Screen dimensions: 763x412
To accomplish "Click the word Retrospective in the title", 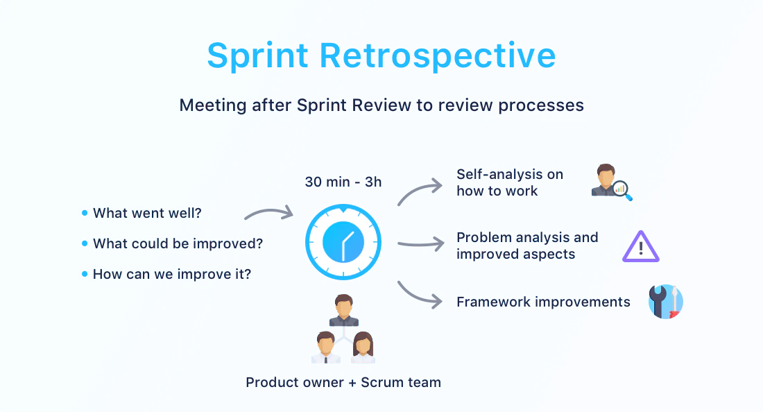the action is tap(438, 55).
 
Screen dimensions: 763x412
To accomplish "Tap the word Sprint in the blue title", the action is tap(258, 55).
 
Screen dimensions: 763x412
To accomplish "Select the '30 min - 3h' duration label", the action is tap(343, 182).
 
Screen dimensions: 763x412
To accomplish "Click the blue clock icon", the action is tap(343, 242).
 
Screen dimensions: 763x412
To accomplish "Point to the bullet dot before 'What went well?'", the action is tap(85, 213).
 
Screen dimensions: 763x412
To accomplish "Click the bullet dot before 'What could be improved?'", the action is tap(85, 243).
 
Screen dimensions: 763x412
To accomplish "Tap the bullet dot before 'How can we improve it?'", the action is tap(85, 274).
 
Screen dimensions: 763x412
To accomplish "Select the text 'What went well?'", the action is tap(147, 213).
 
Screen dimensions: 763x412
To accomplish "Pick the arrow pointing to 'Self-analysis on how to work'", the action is tap(418, 189).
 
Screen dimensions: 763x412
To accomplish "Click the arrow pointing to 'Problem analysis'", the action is tap(422, 243).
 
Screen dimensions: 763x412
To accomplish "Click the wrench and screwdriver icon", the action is tap(666, 302).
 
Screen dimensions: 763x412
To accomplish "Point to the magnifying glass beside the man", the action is tap(621, 190).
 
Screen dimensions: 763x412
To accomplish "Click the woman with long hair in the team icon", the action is tap(363, 347).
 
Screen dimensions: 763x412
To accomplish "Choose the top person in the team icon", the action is tap(344, 310).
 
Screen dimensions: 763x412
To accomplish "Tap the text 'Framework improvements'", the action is tap(543, 302).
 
